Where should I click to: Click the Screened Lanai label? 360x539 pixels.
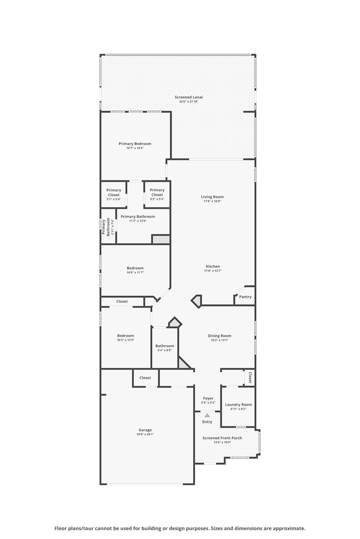(x=189, y=97)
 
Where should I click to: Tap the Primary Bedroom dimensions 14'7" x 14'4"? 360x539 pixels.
(x=135, y=148)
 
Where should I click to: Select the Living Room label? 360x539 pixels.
(x=212, y=197)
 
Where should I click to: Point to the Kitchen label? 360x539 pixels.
(x=213, y=266)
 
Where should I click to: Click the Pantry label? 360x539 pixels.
(x=245, y=297)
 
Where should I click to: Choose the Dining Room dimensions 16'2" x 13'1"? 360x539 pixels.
(x=220, y=340)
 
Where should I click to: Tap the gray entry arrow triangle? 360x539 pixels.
(x=207, y=415)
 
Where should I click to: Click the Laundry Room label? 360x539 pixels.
(x=238, y=405)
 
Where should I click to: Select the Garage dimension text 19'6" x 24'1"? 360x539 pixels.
(x=145, y=434)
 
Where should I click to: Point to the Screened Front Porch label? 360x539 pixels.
(x=222, y=438)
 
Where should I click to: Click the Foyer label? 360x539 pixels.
(x=208, y=398)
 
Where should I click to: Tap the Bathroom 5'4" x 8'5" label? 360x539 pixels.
(x=165, y=346)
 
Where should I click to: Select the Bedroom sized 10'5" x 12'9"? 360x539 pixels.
(x=125, y=336)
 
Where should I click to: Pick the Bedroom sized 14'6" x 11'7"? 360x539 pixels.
(x=135, y=268)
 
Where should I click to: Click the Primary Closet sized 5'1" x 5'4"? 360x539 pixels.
(x=113, y=193)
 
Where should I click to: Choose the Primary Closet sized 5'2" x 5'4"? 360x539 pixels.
(x=157, y=193)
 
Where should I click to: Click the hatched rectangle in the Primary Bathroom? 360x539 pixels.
(x=161, y=239)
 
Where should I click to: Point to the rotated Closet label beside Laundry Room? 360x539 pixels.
(x=250, y=378)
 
